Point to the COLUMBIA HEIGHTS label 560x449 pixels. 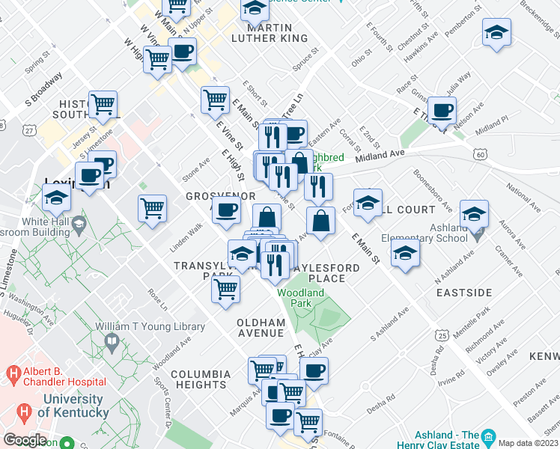[x=201, y=379]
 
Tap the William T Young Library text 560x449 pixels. [x=150, y=327]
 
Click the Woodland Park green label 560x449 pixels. [x=301, y=299]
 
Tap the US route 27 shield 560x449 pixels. [x=28, y=130]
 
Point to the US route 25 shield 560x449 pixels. [x=443, y=337]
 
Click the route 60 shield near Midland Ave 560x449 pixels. [x=480, y=153]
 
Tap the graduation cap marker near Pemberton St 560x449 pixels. [x=496, y=33]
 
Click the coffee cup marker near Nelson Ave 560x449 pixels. [x=442, y=111]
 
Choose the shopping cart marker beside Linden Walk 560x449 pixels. [x=152, y=208]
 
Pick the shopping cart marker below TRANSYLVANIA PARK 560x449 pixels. [x=225, y=289]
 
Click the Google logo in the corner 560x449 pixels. [x=25, y=440]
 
